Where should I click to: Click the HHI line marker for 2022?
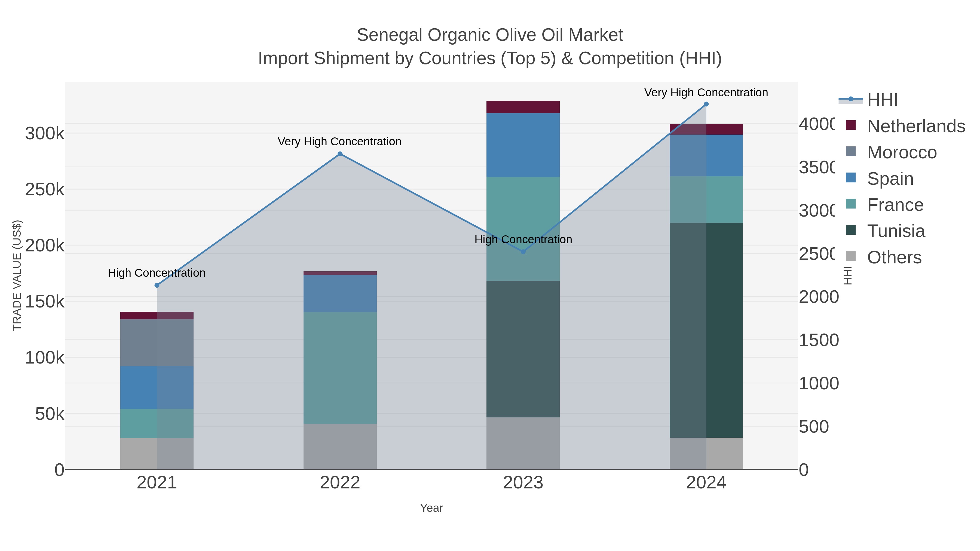coord(340,154)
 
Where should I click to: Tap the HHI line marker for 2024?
coord(706,104)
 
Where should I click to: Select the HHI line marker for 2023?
coord(523,252)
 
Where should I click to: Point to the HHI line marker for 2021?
coord(157,285)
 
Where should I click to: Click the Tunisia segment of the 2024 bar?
coord(706,330)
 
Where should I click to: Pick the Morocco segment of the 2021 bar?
coord(157,342)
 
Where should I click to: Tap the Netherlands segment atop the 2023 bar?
coord(523,107)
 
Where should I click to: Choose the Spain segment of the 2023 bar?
coord(523,145)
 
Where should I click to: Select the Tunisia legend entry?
coord(896,231)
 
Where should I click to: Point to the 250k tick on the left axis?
coord(45,189)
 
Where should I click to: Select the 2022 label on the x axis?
coord(340,483)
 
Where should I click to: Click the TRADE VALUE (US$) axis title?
coord(17,275)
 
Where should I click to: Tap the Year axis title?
coord(431,508)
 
